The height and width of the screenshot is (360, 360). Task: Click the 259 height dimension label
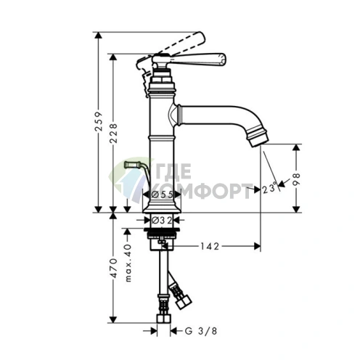(x=99, y=121)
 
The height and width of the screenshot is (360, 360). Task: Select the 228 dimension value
(x=113, y=133)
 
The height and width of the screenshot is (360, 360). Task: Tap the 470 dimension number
(x=113, y=268)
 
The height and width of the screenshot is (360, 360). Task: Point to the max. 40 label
(x=128, y=263)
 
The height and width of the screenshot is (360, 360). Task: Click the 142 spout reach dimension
(x=210, y=246)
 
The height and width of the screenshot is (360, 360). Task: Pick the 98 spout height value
(x=296, y=179)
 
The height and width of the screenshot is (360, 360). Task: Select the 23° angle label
(x=269, y=189)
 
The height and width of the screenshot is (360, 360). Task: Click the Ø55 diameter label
(x=162, y=195)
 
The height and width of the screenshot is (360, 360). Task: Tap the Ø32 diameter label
(x=162, y=220)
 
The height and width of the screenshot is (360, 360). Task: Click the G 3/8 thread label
(x=201, y=331)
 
